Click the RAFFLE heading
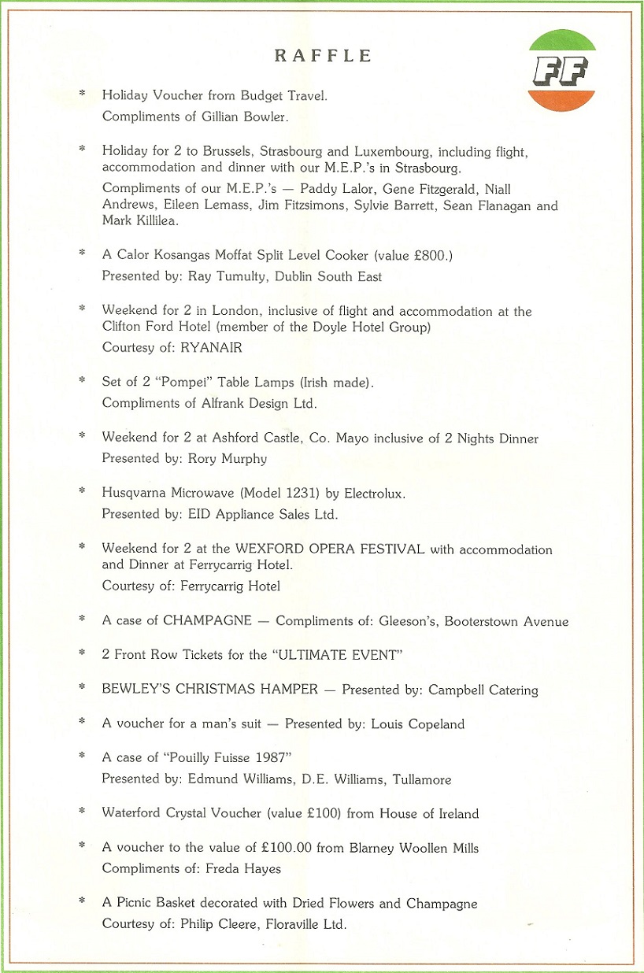[x=323, y=56]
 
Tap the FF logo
[x=561, y=71]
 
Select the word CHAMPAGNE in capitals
[x=207, y=620]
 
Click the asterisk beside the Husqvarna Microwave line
[x=82, y=492]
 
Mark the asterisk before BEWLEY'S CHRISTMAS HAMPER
[x=82, y=689]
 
